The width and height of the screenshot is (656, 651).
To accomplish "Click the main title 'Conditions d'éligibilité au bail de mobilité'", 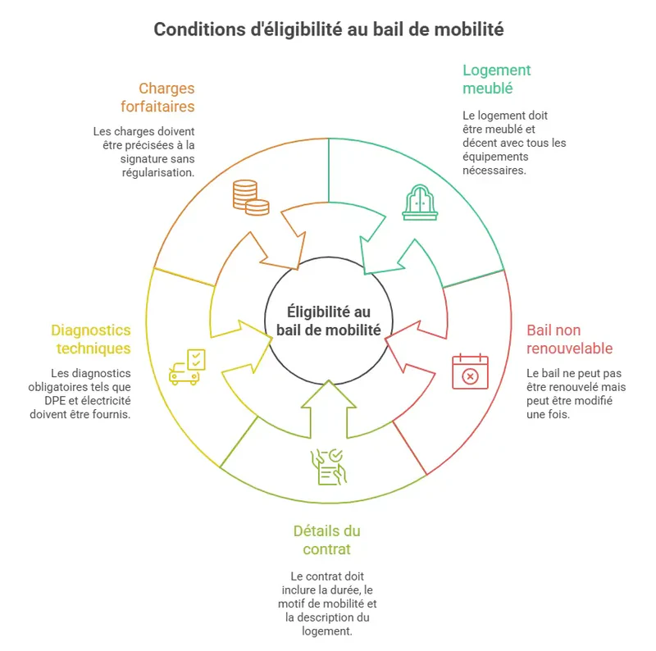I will click(x=328, y=30).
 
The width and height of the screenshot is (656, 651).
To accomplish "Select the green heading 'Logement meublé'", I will click(x=497, y=79).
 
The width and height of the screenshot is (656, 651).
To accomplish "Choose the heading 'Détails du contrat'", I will click(x=326, y=539).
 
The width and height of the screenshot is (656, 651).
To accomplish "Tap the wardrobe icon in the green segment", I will click(x=420, y=202).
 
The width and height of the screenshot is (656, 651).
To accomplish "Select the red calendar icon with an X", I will click(x=470, y=371).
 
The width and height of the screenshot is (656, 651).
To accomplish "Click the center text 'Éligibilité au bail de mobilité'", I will click(x=328, y=321).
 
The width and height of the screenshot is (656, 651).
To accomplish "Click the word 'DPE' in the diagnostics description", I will click(x=62, y=401).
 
